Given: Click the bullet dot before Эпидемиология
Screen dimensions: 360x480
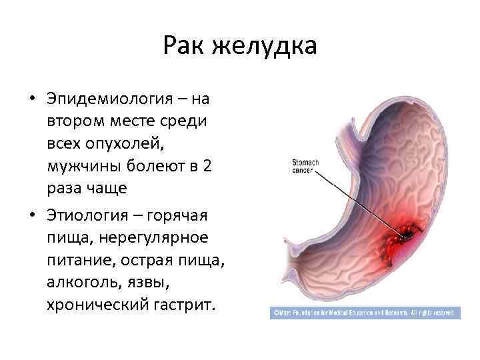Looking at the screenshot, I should coord(31,99).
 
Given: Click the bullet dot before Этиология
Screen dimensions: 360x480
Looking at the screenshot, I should coord(31,216).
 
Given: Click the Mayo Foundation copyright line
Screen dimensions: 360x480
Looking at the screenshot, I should coord(364,312).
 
